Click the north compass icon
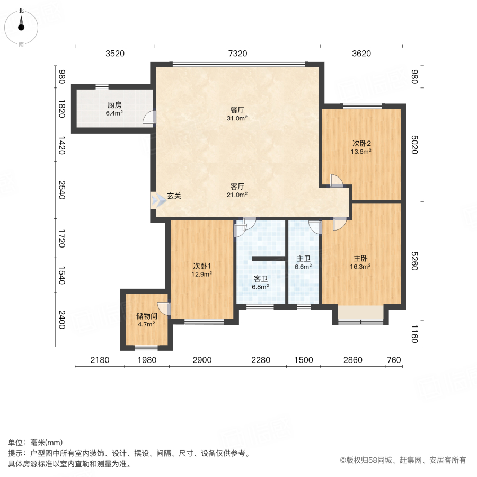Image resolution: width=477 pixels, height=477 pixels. click(21, 25)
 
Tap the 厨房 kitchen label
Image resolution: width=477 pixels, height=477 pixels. click(114, 105)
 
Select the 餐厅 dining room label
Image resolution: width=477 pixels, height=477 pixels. click(237, 110)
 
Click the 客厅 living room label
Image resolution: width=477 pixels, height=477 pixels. click(237, 187)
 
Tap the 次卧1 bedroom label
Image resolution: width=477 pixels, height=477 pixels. click(202, 266)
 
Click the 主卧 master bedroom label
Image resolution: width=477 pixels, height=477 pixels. click(361, 259)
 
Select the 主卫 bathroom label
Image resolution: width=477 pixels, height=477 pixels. click(303, 259)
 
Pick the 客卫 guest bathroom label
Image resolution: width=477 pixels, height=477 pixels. click(260, 278)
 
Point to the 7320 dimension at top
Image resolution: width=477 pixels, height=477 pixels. click(237, 54)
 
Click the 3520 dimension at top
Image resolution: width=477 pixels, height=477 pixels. click(114, 54)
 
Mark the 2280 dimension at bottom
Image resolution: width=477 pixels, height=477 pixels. click(261, 360)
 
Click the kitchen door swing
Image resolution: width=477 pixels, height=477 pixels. click(151, 117)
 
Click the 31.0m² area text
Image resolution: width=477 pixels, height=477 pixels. click(238, 119)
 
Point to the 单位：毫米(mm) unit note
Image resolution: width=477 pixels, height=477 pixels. click(36, 443)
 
